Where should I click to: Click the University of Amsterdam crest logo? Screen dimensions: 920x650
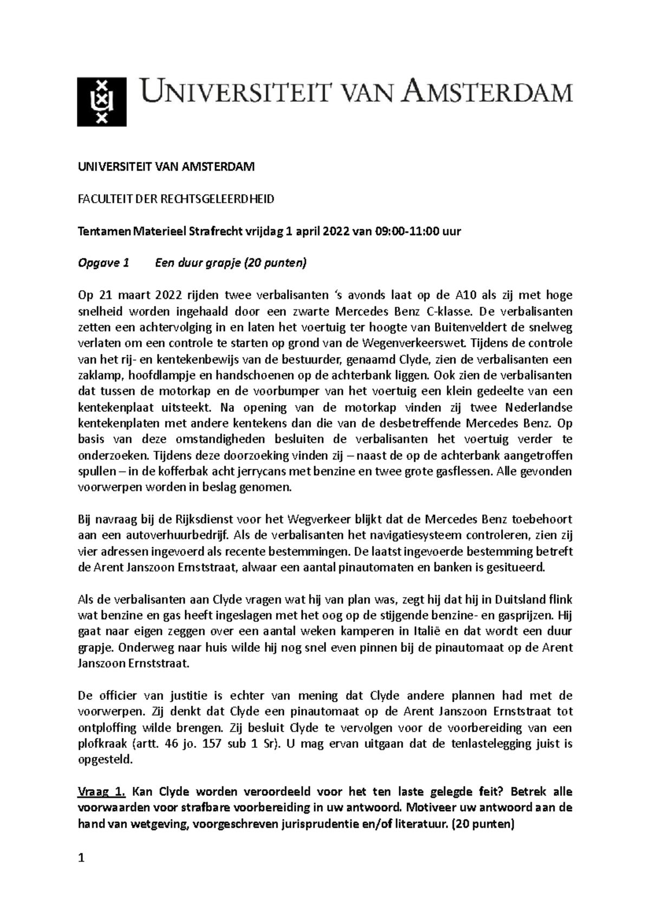pos(102,101)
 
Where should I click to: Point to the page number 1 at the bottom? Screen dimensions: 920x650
pos(81,858)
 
